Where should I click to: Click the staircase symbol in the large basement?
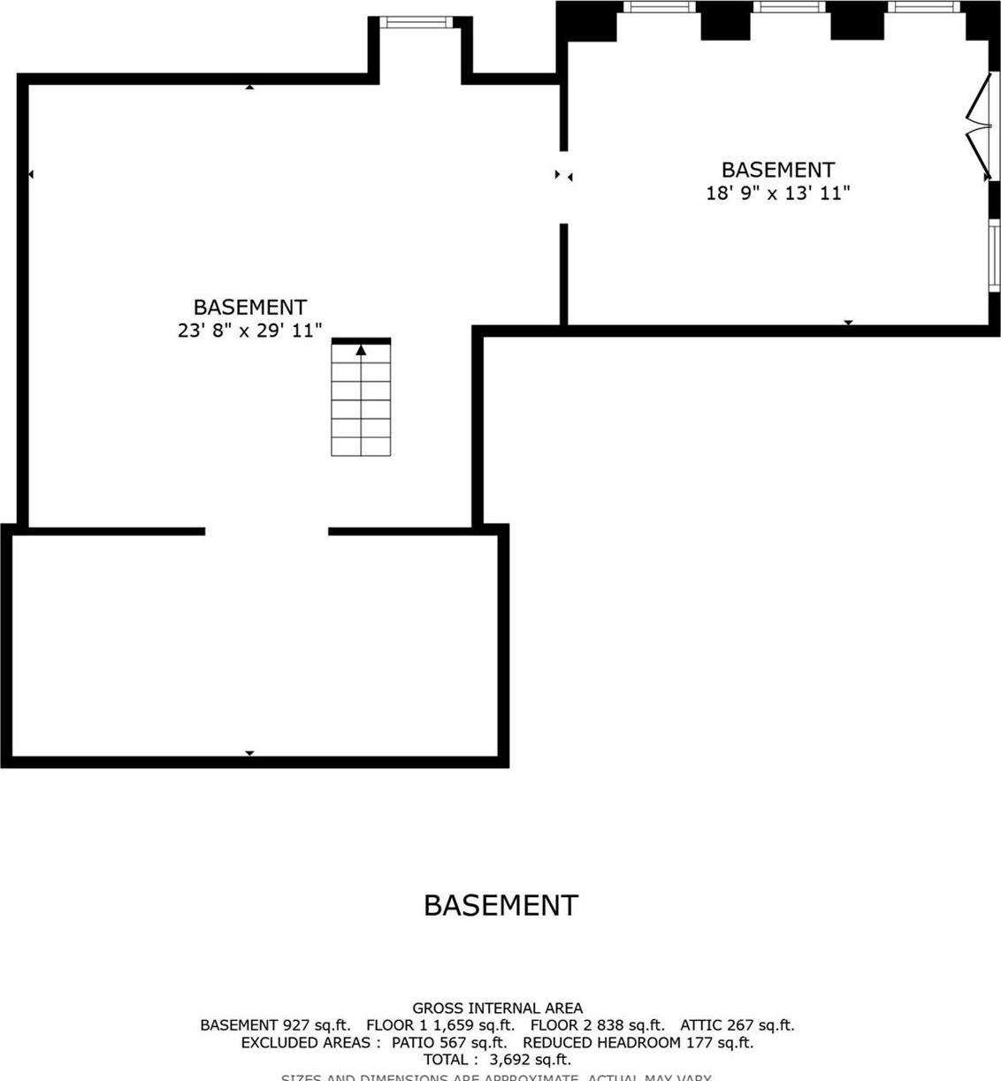pos(361,400)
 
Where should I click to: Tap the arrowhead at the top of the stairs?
pos(361,351)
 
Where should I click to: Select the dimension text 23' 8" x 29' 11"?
pos(249,331)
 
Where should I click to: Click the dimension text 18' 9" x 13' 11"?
pos(777,193)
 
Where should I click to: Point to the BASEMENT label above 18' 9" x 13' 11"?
pos(777,170)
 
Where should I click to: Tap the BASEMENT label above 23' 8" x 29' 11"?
pos(249,308)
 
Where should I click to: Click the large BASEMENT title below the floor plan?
pos(500,905)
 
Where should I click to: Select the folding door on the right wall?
pos(979,127)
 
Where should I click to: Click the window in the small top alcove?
pos(416,22)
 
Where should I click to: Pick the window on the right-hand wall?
pos(994,255)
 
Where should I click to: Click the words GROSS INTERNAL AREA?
pos(497,1008)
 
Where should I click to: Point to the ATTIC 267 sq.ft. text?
pos(737,1025)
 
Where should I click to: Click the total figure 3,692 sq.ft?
pos(530,1060)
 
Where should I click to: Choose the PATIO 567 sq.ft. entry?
pos(450,1043)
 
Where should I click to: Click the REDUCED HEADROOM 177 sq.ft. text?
pos(638,1043)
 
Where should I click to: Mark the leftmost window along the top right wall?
pos(659,7)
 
